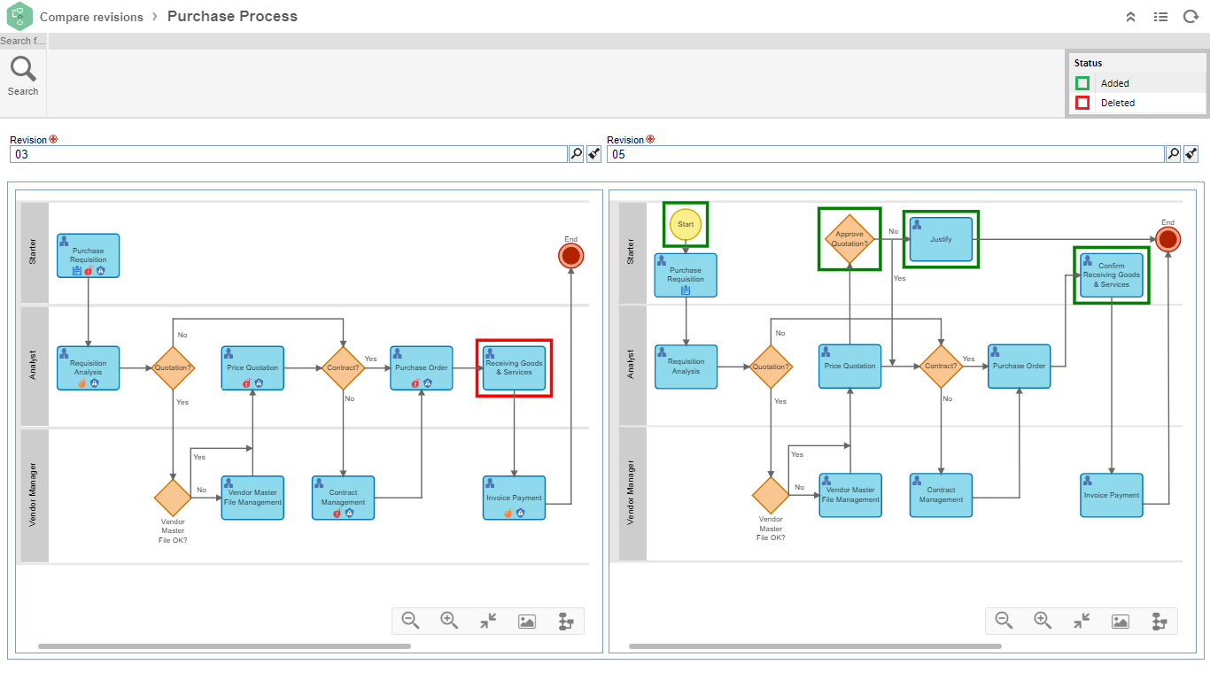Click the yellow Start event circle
[x=686, y=224]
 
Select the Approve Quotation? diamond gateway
[x=849, y=239]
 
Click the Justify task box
[x=941, y=239]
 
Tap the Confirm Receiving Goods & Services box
[x=1111, y=274]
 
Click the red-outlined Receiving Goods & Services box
[x=514, y=367]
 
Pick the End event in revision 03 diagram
[x=570, y=257]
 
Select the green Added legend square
[x=1082, y=83]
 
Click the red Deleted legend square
[x=1082, y=103]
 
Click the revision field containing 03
[x=288, y=154]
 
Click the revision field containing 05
[x=885, y=154]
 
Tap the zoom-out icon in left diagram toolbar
[x=410, y=621]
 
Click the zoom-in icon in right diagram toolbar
[x=1043, y=621]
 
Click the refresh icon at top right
[x=1191, y=17]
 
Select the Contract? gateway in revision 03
[x=343, y=367]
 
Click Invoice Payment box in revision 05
[x=1112, y=495]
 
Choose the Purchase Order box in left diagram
[x=422, y=367]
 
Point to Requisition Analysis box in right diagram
[x=686, y=367]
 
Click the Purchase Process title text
[x=232, y=16]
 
